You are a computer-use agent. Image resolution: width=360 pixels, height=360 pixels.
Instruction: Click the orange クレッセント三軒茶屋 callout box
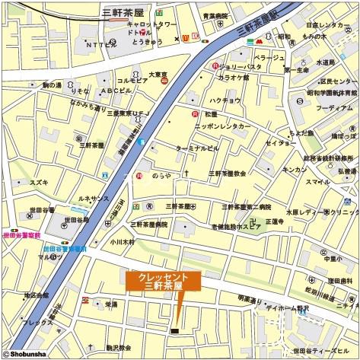click(164, 281)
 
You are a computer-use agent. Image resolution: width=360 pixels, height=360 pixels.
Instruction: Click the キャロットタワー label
click(151, 24)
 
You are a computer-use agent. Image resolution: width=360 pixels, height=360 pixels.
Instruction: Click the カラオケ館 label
click(234, 77)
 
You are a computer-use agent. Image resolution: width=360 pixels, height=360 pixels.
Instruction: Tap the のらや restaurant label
click(160, 174)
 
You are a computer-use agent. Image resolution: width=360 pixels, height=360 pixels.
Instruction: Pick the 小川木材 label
click(121, 241)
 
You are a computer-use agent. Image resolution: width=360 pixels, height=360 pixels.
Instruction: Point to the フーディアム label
click(333, 109)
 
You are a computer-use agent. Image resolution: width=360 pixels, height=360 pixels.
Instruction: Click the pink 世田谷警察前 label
click(21, 236)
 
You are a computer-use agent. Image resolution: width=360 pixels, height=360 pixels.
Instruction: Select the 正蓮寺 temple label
click(274, 221)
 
